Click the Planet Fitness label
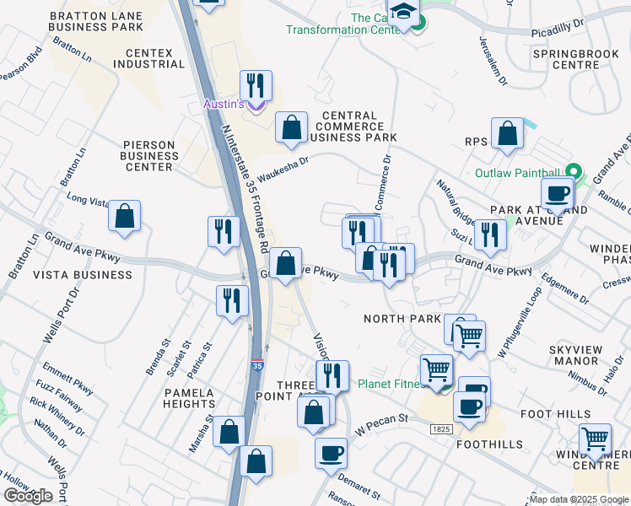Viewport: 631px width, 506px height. [389, 384]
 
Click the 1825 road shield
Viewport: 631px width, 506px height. [440, 429]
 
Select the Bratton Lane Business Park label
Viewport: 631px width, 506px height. [98, 22]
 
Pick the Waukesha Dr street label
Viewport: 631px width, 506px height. [283, 167]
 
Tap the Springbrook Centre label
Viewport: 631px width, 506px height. [566, 58]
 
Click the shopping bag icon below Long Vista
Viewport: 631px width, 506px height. [124, 216]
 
